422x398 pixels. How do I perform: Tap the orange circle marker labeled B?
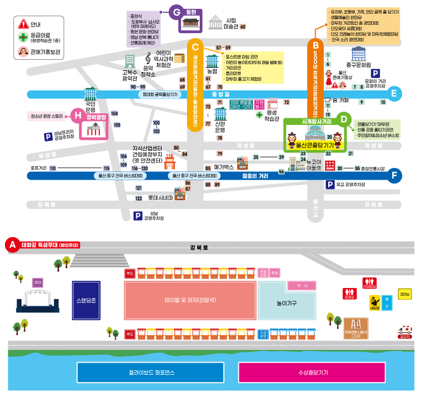coord(316,45)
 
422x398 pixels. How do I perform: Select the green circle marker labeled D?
coord(344,118)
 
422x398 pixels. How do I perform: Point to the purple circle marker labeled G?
coord(177,11)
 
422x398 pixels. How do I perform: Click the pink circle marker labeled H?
coord(77,116)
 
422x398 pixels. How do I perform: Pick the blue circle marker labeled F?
coord(394,176)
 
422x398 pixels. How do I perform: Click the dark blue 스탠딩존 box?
coord(86,300)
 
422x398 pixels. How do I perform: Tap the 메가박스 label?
coord(224,166)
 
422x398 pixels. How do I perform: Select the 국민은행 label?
coord(90,106)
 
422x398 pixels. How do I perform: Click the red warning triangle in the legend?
coord(23,24)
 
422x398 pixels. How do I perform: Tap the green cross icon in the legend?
coord(23,38)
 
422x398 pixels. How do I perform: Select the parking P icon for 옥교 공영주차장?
coord(330,185)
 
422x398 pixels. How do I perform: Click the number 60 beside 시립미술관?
coord(243,27)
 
